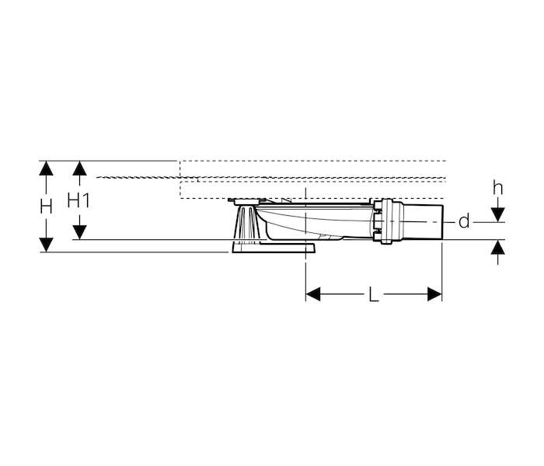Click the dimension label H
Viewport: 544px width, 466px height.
(x=46, y=207)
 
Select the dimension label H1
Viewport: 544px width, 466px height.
(x=78, y=200)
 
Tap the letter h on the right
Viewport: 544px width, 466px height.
(x=498, y=188)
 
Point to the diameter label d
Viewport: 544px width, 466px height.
(x=464, y=221)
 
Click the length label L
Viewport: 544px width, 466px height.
(x=373, y=295)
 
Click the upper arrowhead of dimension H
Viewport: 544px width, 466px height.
(x=46, y=169)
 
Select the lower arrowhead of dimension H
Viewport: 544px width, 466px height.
(x=46, y=245)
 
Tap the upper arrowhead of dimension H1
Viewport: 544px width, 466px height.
(x=80, y=169)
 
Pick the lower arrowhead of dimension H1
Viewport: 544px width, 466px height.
(x=80, y=232)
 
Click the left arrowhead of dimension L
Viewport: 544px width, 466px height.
(x=313, y=294)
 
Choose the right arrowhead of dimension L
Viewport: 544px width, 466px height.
(x=434, y=294)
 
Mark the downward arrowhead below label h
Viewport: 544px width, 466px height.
(x=498, y=214)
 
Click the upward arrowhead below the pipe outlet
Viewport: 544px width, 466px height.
(x=498, y=247)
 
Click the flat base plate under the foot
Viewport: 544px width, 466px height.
(x=273, y=248)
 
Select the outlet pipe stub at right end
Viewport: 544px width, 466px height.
(x=423, y=221)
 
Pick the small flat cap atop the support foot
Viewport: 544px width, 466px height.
(x=246, y=201)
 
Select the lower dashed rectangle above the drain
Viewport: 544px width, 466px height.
(x=312, y=190)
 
